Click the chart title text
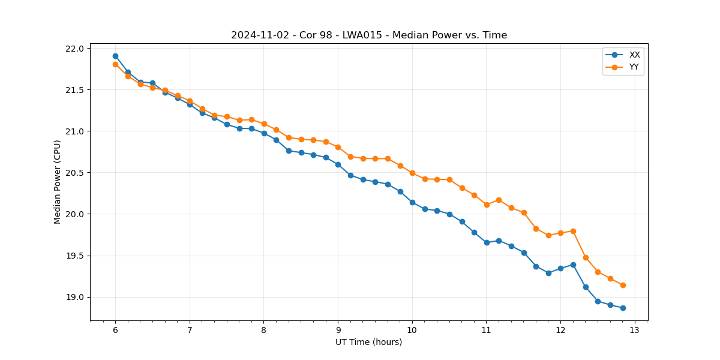pyautogui.click(x=369, y=35)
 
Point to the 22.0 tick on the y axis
pyautogui.click(x=79, y=49)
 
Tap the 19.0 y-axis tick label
pyautogui.click(x=79, y=297)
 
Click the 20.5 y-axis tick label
pyautogui.click(x=79, y=173)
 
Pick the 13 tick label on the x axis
pyautogui.click(x=635, y=330)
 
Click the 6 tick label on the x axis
pyautogui.click(x=115, y=330)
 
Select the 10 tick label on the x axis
pyautogui.click(x=412, y=330)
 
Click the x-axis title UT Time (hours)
pyautogui.click(x=368, y=342)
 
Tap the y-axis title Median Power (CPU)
pyautogui.click(x=58, y=182)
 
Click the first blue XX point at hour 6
pyautogui.click(x=115, y=56)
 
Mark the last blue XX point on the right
pyautogui.click(x=623, y=308)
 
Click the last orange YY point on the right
pyautogui.click(x=623, y=285)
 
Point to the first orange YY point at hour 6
pyautogui.click(x=115, y=64)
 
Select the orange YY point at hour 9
pyautogui.click(x=338, y=147)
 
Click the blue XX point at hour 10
pyautogui.click(x=412, y=202)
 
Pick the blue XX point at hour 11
pyautogui.click(x=487, y=242)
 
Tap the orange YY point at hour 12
pyautogui.click(x=560, y=233)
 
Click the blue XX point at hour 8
pyautogui.click(x=264, y=133)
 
